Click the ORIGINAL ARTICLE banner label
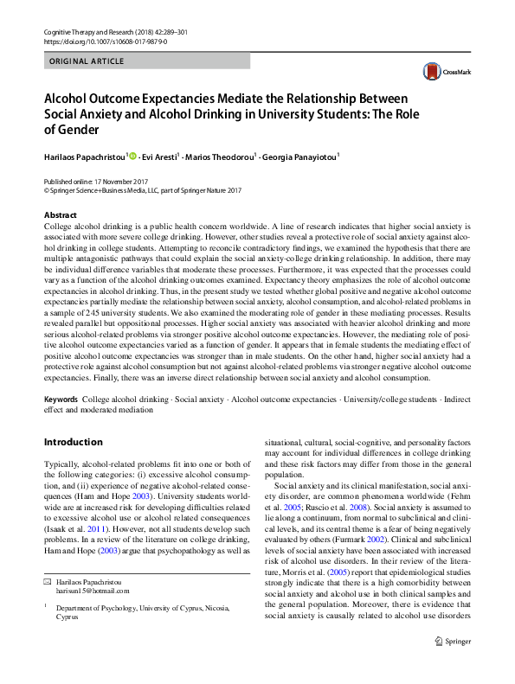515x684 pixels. click(x=87, y=61)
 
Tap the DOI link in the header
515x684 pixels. click(x=105, y=41)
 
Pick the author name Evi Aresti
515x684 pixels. click(x=161, y=157)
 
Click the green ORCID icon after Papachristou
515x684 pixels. click(x=133, y=157)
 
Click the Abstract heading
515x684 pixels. click(x=61, y=214)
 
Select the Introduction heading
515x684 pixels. click(x=73, y=442)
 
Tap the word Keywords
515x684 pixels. click(x=61, y=400)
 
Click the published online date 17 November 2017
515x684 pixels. click(x=124, y=182)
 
